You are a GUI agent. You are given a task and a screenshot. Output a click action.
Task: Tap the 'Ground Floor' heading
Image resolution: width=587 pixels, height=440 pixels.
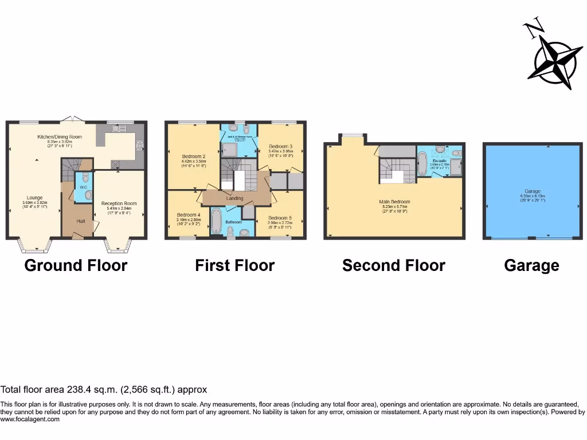(x=76, y=266)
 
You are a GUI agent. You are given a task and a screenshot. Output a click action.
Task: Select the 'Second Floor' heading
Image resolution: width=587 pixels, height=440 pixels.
(x=393, y=266)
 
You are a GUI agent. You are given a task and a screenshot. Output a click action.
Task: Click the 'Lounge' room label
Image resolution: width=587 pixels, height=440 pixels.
(x=34, y=198)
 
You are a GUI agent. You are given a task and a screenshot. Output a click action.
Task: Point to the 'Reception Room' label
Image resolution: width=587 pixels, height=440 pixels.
(x=119, y=203)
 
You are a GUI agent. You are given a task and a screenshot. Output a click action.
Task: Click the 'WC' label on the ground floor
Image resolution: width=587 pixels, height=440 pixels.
(x=84, y=187)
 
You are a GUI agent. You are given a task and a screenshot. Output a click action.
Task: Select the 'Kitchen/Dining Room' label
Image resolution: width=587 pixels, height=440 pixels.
(x=60, y=137)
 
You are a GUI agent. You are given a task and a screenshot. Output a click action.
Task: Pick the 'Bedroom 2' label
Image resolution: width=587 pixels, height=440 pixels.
(x=194, y=156)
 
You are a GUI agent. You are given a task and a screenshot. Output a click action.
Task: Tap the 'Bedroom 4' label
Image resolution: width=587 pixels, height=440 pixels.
(x=189, y=214)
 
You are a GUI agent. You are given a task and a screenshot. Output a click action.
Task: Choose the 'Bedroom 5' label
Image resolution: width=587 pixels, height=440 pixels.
(x=280, y=218)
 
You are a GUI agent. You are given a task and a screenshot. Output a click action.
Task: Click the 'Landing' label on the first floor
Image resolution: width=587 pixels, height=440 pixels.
(x=234, y=198)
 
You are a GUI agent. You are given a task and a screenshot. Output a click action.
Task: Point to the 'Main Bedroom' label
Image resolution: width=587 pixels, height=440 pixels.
(x=394, y=202)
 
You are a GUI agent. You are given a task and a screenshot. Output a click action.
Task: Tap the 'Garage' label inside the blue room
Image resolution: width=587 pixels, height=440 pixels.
(x=531, y=191)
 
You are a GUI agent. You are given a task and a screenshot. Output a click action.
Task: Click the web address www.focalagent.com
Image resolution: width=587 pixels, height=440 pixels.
(x=30, y=419)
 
